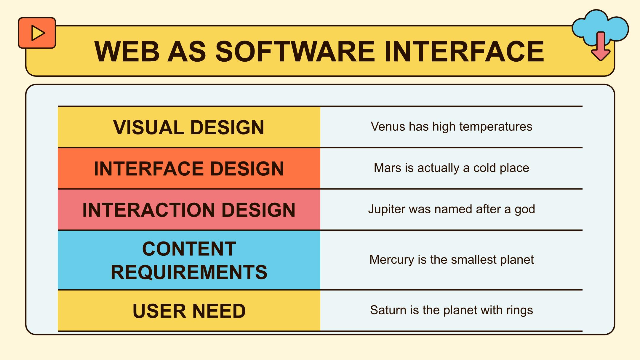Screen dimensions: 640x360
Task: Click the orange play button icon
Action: point(37,33)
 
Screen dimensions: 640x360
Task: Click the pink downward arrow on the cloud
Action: point(601,46)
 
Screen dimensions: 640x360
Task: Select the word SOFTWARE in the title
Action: point(295,52)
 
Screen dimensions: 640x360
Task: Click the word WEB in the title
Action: point(127,52)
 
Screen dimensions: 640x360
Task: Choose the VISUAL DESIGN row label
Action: point(189,128)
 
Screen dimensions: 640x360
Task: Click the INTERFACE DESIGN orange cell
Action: point(189,168)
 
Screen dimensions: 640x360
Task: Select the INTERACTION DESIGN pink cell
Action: point(189,210)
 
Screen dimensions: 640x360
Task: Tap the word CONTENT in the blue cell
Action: point(189,249)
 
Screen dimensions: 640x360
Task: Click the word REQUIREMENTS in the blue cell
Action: point(189,272)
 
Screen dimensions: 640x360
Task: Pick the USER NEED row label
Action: point(189,311)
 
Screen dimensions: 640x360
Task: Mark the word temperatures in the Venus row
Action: point(496,127)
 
